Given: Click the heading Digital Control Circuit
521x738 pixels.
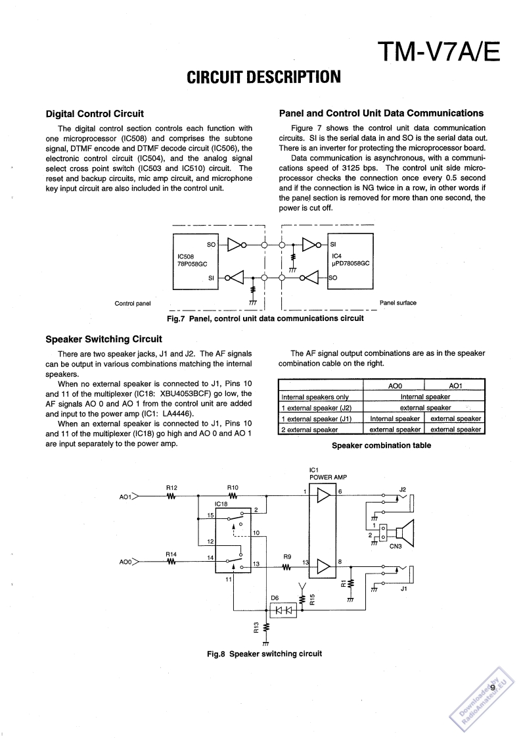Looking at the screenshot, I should pos(95,114).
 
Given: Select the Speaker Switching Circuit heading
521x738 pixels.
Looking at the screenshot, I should pos(104,339).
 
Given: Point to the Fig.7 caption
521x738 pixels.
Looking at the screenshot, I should pos(265,318).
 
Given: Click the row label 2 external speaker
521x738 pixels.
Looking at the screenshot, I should pos(309,430).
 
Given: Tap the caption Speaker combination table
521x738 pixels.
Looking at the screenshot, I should pos(381,445).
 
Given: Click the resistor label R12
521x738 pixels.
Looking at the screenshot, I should pos(171,487).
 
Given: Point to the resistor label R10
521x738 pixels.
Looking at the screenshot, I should pos(232,487).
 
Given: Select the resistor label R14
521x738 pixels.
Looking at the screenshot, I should pos(171,554).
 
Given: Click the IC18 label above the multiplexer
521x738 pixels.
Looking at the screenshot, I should pos(221,504).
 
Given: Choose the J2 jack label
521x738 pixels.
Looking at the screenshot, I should pos(403,489).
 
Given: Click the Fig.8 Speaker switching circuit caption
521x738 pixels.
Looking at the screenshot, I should pos(264,654).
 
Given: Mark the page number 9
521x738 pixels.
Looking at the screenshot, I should pos(492,688).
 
